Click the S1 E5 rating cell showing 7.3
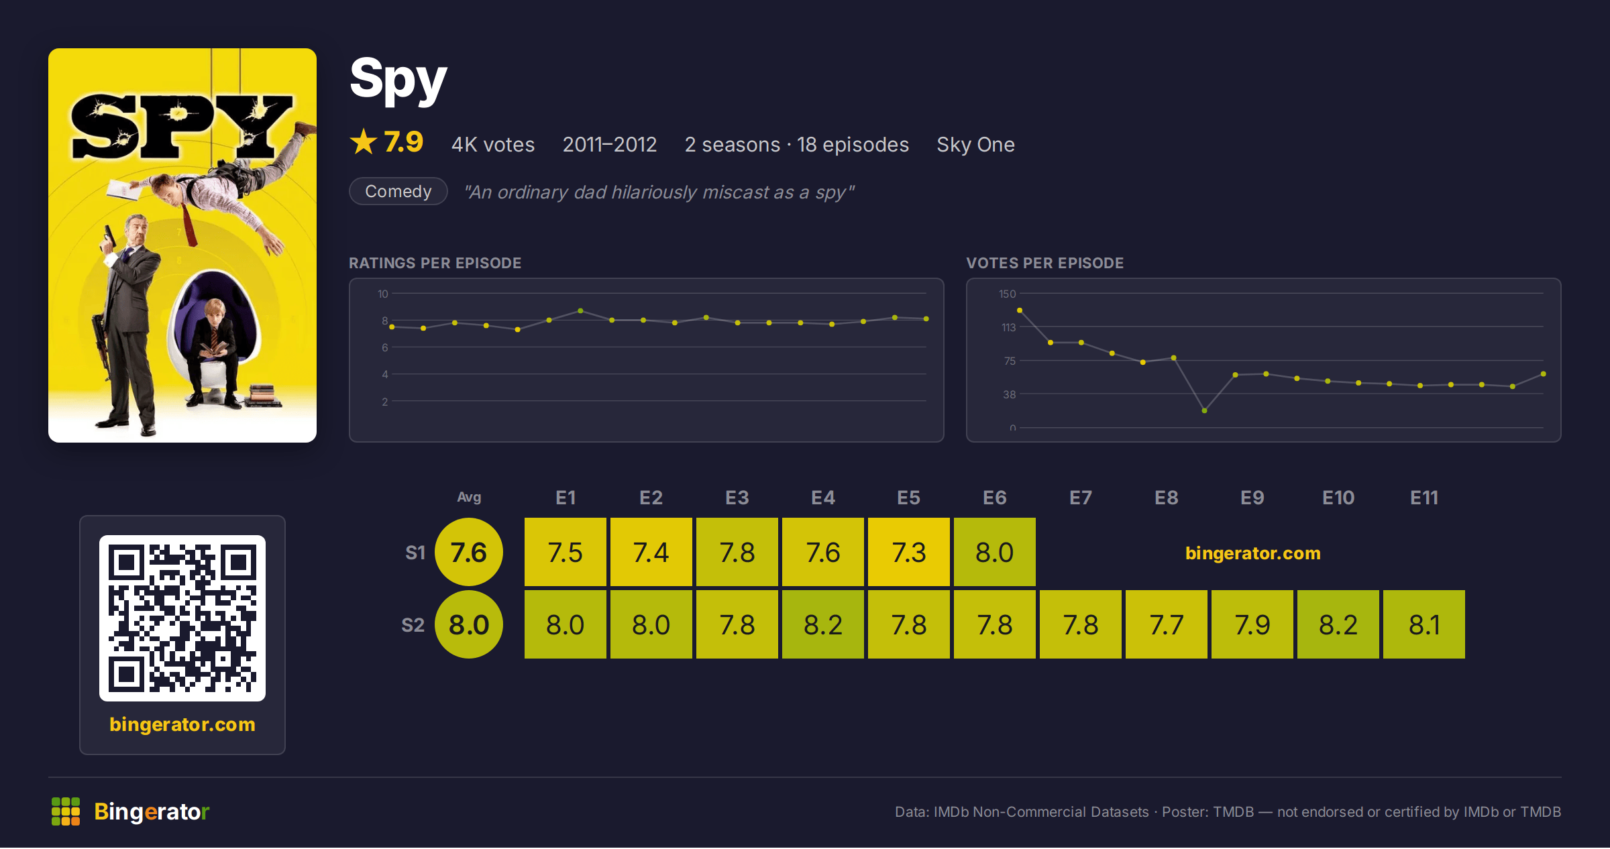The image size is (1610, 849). click(909, 552)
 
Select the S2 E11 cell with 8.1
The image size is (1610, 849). click(1424, 624)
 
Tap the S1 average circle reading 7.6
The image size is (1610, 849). click(469, 552)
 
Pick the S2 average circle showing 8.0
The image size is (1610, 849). click(469, 624)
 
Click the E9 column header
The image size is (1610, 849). click(1252, 498)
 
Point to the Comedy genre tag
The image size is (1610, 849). click(398, 191)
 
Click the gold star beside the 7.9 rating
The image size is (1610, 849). click(364, 141)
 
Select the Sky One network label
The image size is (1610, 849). click(975, 144)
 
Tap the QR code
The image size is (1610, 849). click(182, 618)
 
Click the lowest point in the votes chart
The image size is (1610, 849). click(1205, 410)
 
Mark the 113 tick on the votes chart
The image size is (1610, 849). click(1009, 327)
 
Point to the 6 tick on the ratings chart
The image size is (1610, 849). click(385, 347)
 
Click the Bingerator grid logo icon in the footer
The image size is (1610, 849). click(66, 811)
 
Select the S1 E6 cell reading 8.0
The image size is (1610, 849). click(995, 552)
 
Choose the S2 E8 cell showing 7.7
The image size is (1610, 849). click(1167, 624)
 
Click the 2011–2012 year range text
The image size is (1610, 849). click(610, 144)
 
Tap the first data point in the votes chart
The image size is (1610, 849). click(1020, 310)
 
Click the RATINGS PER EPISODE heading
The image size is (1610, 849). click(435, 263)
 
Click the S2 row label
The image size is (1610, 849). click(413, 625)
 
